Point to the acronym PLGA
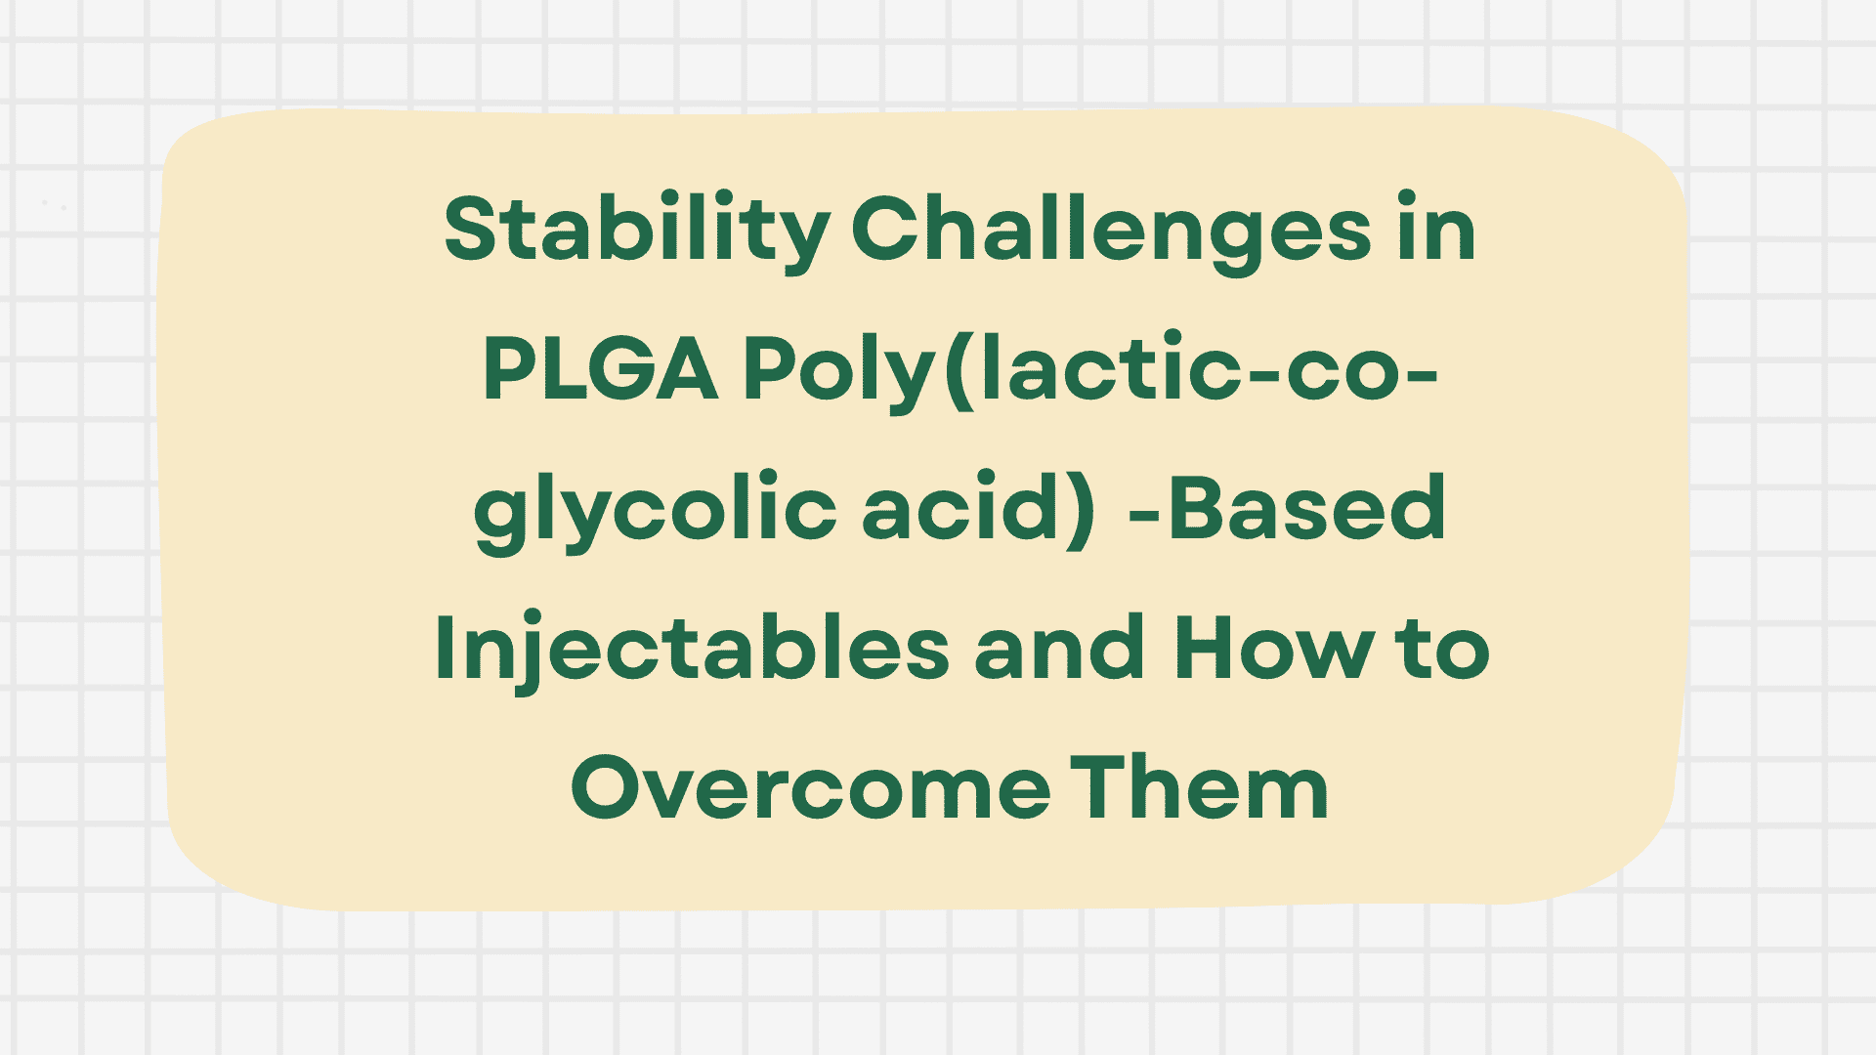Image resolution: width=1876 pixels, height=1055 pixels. click(x=601, y=370)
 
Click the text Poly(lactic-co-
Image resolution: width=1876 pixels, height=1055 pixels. click(x=1090, y=370)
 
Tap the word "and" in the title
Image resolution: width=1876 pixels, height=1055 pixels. click(x=1060, y=649)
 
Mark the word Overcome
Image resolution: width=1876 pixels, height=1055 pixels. click(x=811, y=787)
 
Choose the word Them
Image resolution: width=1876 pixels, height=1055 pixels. click(x=1200, y=787)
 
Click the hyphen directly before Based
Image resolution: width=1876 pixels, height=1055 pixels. click(x=1144, y=510)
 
